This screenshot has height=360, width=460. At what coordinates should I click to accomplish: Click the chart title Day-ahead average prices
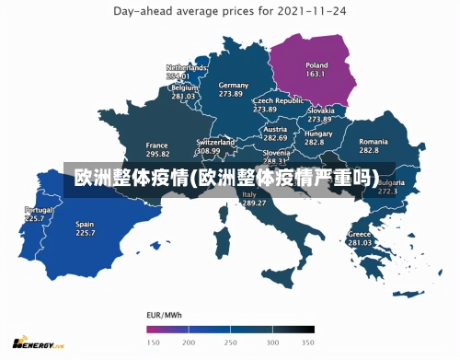pyautogui.click(x=231, y=12)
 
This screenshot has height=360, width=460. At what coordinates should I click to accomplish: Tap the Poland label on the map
pyautogui.click(x=316, y=65)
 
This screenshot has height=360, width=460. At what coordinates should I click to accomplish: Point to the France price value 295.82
pyautogui.click(x=157, y=156)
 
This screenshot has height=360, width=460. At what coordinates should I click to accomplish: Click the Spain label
pyautogui.click(x=85, y=224)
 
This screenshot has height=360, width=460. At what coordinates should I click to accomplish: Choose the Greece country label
pyautogui.click(x=360, y=234)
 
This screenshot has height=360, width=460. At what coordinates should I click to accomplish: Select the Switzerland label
pyautogui.click(x=214, y=142)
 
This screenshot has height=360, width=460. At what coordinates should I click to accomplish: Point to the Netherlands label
pyautogui.click(x=186, y=68)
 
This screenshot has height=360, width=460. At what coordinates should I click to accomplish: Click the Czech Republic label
pyautogui.click(x=278, y=100)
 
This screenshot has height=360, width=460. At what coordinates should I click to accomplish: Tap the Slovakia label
pyautogui.click(x=319, y=110)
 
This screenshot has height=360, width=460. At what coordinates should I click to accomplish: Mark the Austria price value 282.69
pyautogui.click(x=275, y=137)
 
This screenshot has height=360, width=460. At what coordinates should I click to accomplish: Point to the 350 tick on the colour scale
pyautogui.click(x=308, y=342)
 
